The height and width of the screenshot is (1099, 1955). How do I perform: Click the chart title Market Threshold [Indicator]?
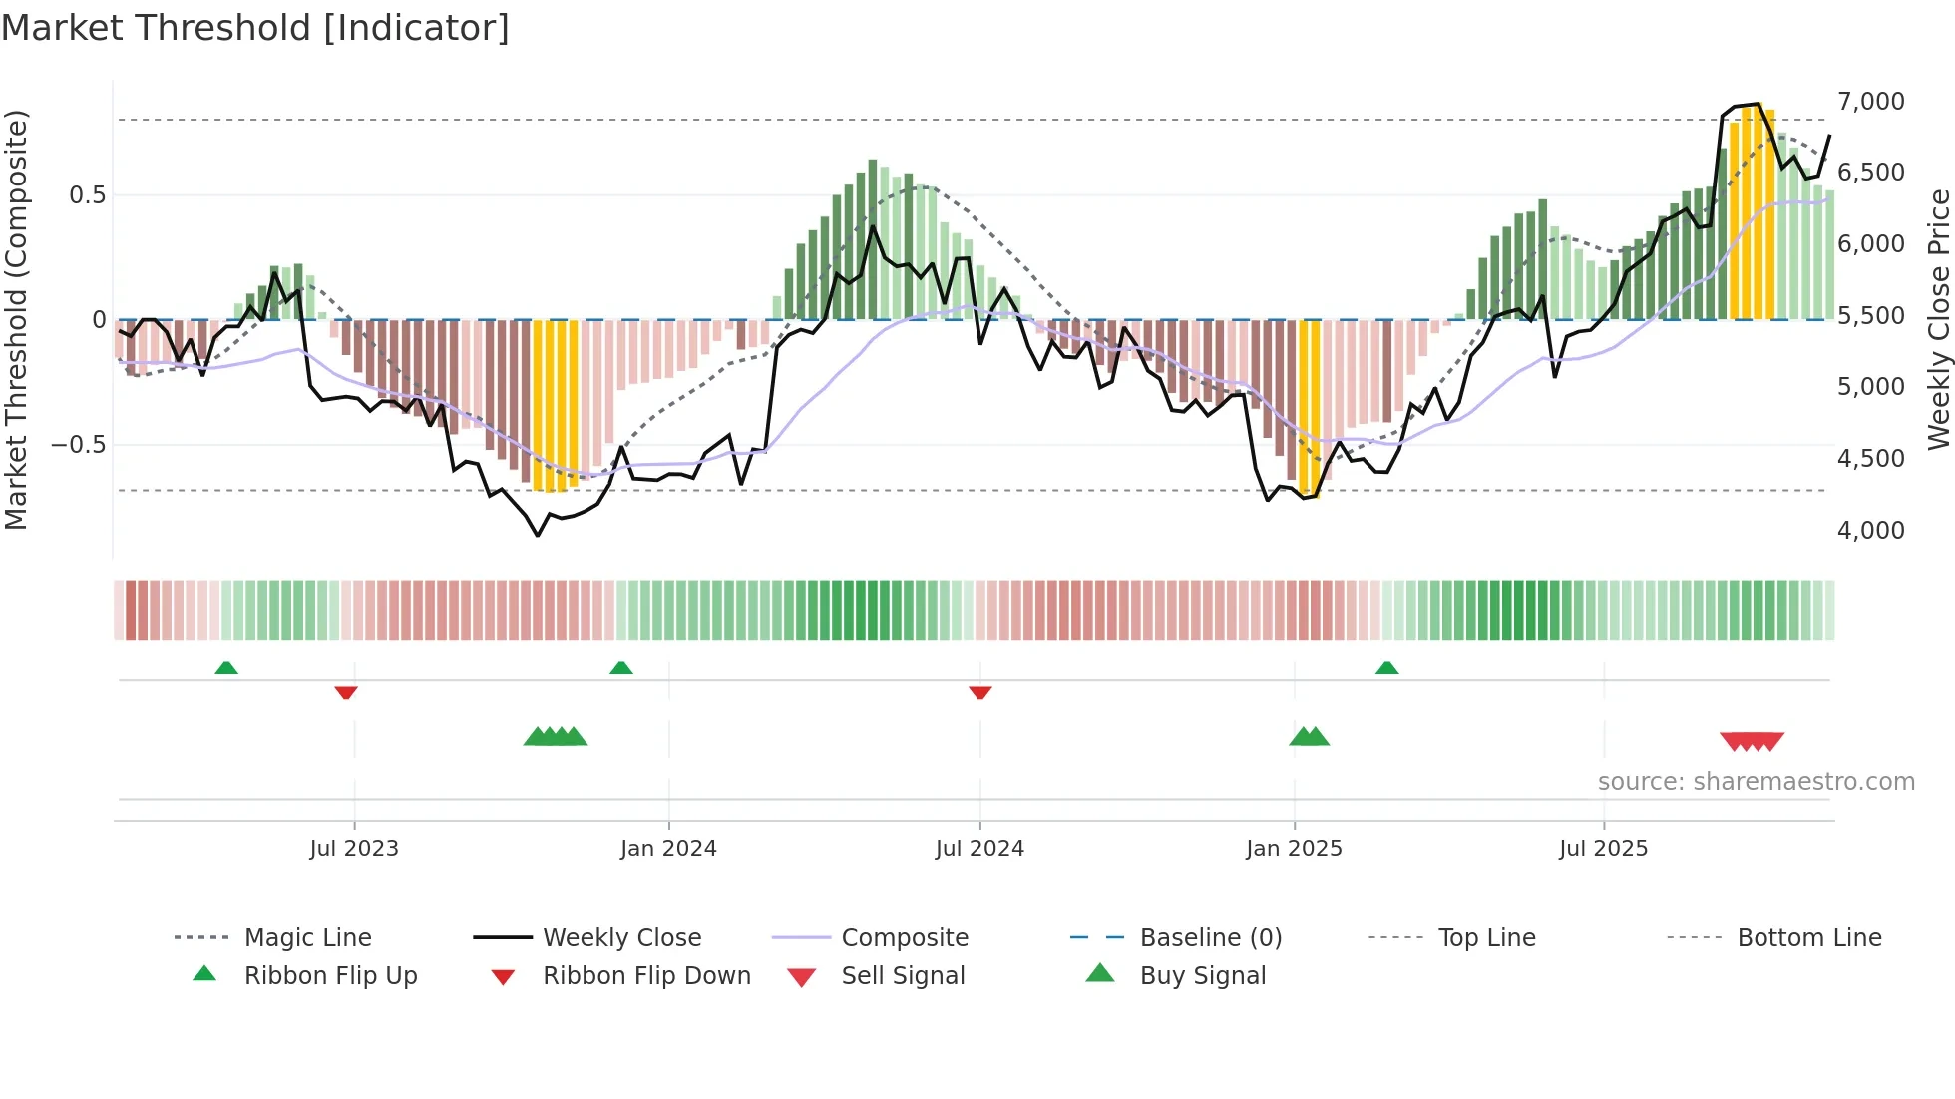pyautogui.click(x=255, y=28)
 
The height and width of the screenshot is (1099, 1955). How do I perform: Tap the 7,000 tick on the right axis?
pyautogui.click(x=1870, y=101)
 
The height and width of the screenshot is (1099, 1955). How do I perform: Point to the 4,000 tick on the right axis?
pyautogui.click(x=1870, y=530)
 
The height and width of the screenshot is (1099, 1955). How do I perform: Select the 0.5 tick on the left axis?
pyautogui.click(x=87, y=194)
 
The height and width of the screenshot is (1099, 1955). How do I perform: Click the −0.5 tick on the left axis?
pyautogui.click(x=78, y=444)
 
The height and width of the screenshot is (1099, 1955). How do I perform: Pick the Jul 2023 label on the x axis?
pyautogui.click(x=353, y=848)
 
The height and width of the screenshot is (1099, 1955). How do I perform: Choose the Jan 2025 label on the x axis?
pyautogui.click(x=1294, y=848)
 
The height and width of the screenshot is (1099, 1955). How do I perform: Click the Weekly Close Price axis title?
pyautogui.click(x=1938, y=319)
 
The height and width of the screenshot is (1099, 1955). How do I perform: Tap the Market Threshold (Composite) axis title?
pyautogui.click(x=16, y=319)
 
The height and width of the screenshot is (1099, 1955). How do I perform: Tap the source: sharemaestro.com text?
pyautogui.click(x=1756, y=781)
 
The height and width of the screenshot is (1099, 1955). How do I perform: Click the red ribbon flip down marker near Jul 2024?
pyautogui.click(x=979, y=692)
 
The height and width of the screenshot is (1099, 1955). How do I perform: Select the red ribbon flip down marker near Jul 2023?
pyautogui.click(x=346, y=692)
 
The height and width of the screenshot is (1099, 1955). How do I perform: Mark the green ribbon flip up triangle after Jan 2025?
pyautogui.click(x=1386, y=668)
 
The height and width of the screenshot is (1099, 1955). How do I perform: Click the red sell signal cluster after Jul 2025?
pyautogui.click(x=1752, y=741)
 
